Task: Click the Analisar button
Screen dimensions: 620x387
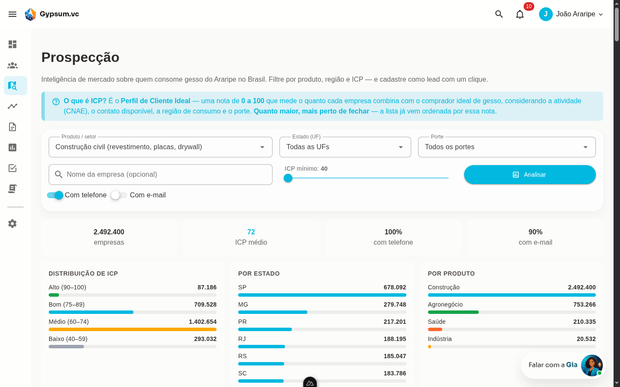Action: (x=530, y=175)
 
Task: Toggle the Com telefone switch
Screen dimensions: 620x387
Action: (x=55, y=195)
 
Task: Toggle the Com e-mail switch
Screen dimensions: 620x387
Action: (x=119, y=195)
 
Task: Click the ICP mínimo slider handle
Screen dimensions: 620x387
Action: (x=288, y=178)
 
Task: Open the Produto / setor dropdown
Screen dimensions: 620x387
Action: (x=161, y=147)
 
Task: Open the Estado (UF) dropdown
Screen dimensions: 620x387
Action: (x=345, y=147)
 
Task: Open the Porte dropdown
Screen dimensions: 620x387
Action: (x=507, y=147)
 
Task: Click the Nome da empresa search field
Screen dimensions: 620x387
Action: (x=161, y=175)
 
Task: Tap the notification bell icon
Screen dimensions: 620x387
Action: (x=520, y=14)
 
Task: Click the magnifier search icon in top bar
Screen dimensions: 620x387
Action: (x=499, y=14)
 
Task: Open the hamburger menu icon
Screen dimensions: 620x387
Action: (x=12, y=14)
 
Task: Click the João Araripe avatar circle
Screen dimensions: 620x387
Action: (x=546, y=14)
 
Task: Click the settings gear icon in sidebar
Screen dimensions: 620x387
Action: (x=12, y=223)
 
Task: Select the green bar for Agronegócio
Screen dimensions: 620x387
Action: (x=453, y=312)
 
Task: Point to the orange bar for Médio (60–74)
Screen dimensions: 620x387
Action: (x=133, y=329)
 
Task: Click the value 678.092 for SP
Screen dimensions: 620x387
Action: (x=395, y=288)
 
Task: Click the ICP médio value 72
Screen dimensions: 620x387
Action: (x=251, y=232)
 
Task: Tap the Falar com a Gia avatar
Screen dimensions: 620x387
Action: (x=592, y=365)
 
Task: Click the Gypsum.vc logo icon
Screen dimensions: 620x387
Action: (x=31, y=14)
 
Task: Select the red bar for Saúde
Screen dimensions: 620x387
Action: (x=435, y=329)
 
